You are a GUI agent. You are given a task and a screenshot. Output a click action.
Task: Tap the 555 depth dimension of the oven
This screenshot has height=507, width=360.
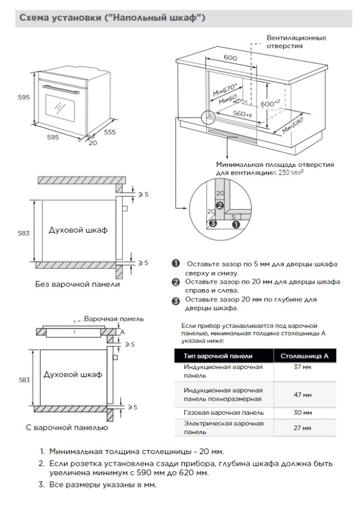[109, 132]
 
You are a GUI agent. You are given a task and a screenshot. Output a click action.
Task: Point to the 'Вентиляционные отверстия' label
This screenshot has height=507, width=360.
[296, 42]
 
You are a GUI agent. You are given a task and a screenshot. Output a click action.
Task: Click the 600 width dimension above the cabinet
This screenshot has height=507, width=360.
[230, 58]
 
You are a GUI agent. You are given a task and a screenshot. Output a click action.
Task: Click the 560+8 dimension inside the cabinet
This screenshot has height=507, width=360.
[241, 113]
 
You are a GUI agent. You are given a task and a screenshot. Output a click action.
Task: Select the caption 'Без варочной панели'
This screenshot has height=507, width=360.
[78, 284]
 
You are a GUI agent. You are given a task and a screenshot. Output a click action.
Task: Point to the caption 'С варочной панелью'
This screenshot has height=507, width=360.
[67, 427]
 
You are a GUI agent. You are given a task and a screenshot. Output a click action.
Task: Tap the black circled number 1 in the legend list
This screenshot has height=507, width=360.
[175, 264]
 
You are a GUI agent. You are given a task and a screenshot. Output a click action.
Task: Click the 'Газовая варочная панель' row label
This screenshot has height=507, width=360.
[223, 412]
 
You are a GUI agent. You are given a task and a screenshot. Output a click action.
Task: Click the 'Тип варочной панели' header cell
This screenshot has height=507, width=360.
[218, 356]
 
